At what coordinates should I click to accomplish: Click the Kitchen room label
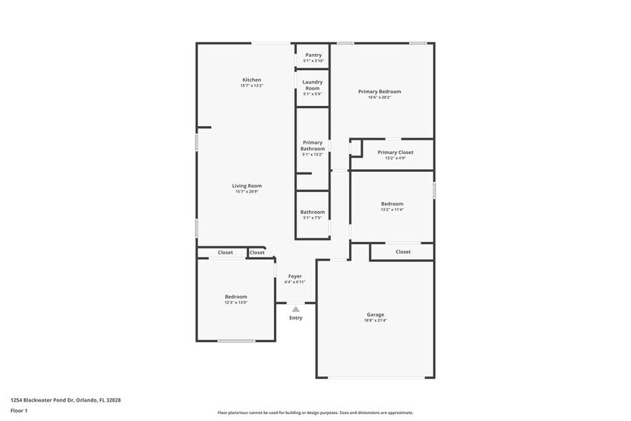[251, 79]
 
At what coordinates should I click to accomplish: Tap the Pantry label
[313, 55]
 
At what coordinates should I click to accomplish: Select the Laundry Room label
[313, 84]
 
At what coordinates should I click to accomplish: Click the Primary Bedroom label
[379, 92]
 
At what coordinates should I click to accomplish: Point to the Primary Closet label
[395, 153]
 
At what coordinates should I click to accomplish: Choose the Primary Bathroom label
[313, 145]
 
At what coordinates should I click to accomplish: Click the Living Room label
[247, 185]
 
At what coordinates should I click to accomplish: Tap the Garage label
[376, 314]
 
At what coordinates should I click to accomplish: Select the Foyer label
[295, 276]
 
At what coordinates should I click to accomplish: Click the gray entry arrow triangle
[295, 309]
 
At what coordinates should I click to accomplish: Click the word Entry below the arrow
[295, 318]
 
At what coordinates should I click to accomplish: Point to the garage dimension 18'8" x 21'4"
[376, 321]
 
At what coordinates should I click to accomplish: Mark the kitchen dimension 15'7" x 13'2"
[251, 86]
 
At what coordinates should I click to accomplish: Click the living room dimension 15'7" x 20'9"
[247, 192]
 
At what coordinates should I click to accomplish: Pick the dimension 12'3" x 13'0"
[236, 303]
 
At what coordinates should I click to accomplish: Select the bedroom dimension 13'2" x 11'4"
[392, 210]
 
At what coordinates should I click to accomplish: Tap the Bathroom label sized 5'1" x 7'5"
[313, 212]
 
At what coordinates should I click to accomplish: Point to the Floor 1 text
[19, 411]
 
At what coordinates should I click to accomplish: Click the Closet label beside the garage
[403, 252]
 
